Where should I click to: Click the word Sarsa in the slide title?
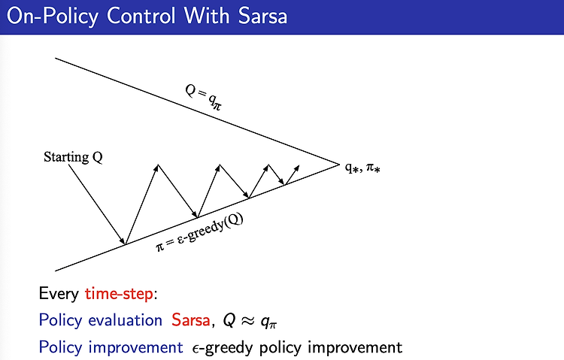point(262,17)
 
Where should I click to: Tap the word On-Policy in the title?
point(53,17)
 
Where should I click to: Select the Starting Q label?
point(73,157)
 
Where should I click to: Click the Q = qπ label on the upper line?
point(204,96)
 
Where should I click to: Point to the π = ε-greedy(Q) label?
point(199,232)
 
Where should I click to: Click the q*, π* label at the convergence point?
point(362,168)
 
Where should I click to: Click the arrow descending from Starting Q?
point(97,204)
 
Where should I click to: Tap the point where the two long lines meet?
point(339,165)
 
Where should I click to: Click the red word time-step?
point(119,294)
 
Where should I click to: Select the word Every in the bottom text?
point(59,294)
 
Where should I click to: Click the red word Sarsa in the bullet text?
point(191,319)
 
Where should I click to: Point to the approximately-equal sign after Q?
point(248,320)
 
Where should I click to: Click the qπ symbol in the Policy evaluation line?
point(268,322)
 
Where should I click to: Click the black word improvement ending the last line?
point(355,347)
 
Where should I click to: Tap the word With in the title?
point(207,17)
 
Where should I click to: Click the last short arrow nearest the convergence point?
point(292,175)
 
